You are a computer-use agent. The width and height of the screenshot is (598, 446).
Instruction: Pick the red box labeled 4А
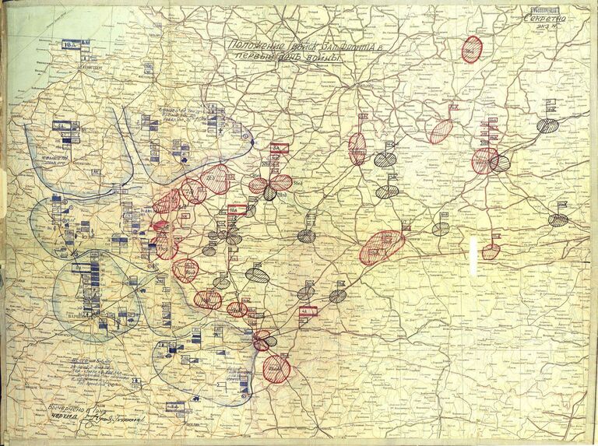[308, 310]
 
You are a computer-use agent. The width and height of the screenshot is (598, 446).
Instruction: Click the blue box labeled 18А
[69, 46]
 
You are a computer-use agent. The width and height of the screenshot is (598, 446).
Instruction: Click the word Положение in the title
[252, 47]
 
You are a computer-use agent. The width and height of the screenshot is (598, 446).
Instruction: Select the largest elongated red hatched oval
[382, 247]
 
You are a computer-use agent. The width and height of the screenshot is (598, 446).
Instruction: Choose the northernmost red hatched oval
[472, 48]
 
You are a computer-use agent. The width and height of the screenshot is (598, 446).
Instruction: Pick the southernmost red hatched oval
[276, 368]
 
